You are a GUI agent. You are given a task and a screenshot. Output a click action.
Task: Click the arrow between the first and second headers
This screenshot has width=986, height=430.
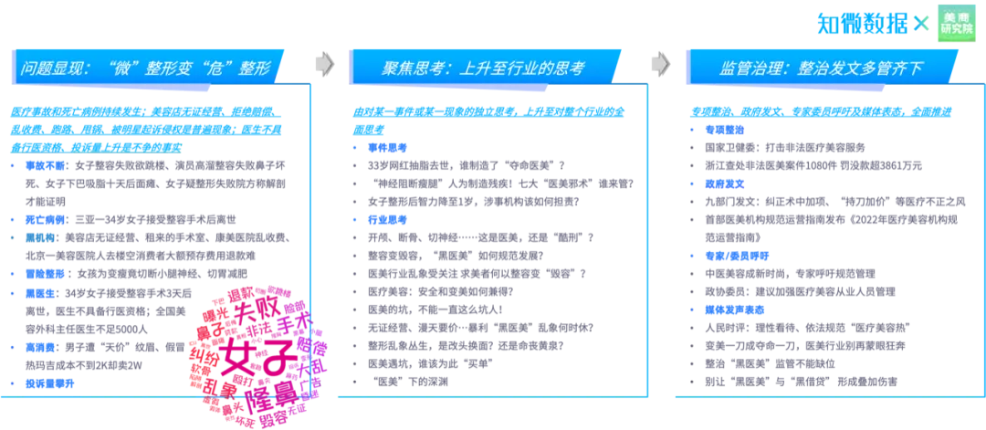click(324, 64)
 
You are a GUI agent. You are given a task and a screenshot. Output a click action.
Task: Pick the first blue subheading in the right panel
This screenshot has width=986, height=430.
click(724, 131)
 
